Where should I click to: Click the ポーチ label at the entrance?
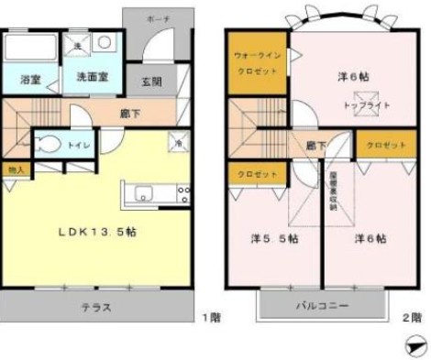[157, 18]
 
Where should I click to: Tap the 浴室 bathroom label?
[29, 79]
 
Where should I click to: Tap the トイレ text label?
[83, 144]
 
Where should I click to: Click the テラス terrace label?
[96, 308]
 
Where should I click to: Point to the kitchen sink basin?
[144, 193]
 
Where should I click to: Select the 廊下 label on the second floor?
[316, 145]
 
